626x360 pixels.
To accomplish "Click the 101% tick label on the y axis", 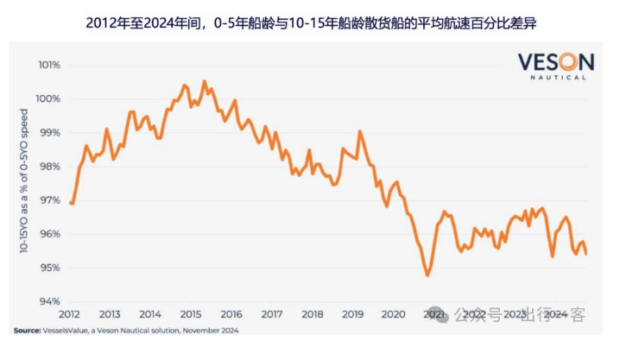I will (48, 65).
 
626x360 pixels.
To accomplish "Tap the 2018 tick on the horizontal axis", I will (312, 314).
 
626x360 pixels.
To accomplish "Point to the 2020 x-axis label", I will (393, 314).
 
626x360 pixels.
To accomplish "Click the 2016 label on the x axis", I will (231, 314).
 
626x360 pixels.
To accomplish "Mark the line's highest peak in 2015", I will (205, 81).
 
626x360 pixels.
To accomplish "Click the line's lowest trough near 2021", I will (427, 275).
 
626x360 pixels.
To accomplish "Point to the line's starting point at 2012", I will (70, 203).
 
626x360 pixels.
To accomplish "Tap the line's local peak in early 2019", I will (359, 131).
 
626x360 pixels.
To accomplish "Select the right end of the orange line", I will (587, 254).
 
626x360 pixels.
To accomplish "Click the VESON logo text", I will (556, 62).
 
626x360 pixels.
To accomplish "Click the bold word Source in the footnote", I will (27, 330).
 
